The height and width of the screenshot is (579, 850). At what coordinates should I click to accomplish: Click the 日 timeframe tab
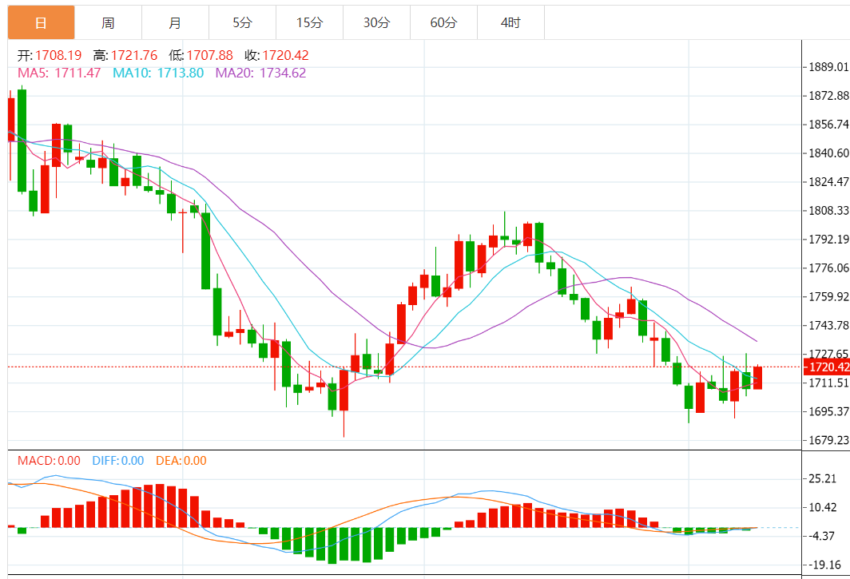(x=41, y=22)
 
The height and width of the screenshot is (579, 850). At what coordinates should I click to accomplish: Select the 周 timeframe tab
(x=108, y=22)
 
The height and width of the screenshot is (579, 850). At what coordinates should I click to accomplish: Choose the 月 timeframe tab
(x=175, y=22)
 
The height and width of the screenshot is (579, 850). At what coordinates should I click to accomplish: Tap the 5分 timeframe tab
(x=242, y=22)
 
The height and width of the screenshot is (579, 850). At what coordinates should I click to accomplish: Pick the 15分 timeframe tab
(x=309, y=22)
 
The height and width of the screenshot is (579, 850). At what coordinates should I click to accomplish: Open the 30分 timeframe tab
(x=376, y=22)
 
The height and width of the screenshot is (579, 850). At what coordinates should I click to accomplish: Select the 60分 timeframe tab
(x=443, y=22)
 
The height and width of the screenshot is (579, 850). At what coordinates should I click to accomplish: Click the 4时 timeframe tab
(x=510, y=22)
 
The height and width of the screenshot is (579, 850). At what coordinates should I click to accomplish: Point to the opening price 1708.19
(x=59, y=55)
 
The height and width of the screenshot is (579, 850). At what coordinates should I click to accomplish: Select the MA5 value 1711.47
(x=78, y=73)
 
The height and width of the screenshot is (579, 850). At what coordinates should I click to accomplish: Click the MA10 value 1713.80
(x=181, y=73)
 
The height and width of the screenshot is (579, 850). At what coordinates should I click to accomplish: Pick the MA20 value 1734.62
(x=283, y=73)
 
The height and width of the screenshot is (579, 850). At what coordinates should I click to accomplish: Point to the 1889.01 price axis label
(x=828, y=66)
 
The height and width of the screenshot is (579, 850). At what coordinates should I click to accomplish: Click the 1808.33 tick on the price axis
(x=828, y=211)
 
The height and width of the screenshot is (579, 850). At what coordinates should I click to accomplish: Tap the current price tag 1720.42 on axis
(x=828, y=367)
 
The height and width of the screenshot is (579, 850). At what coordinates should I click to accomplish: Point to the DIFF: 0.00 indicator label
(x=118, y=461)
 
